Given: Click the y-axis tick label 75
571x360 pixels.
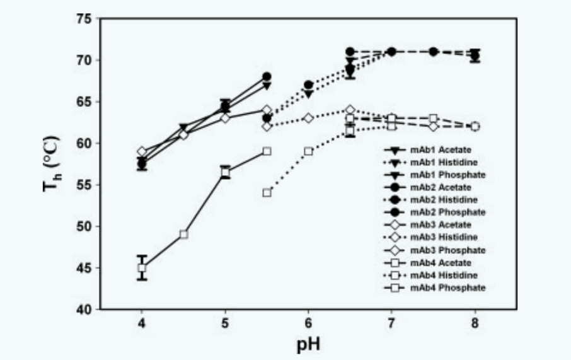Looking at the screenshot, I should pyautogui.click(x=84, y=19).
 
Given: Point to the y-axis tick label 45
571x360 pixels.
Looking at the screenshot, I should pyautogui.click(x=84, y=268).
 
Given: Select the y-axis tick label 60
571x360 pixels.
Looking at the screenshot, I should pyautogui.click(x=84, y=143).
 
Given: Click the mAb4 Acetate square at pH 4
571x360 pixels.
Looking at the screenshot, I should pyautogui.click(x=142, y=268).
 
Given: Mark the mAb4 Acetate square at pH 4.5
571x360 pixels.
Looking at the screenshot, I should pyautogui.click(x=183, y=235).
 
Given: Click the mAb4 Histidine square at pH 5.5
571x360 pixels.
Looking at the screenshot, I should pyautogui.click(x=267, y=193).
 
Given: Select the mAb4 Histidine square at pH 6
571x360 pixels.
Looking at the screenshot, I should pyautogui.click(x=309, y=151).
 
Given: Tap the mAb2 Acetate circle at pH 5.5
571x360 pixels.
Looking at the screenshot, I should pyautogui.click(x=267, y=77).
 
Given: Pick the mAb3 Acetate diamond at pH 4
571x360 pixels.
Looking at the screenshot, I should pyautogui.click(x=142, y=151).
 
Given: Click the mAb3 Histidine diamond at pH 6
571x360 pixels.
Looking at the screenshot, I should pyautogui.click(x=309, y=118).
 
